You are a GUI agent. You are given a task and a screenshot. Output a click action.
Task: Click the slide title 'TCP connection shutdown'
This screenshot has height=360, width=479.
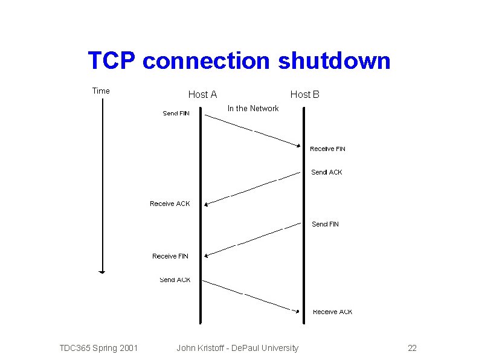tap(239, 61)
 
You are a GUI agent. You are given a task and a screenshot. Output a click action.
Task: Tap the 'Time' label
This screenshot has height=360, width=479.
tap(101, 91)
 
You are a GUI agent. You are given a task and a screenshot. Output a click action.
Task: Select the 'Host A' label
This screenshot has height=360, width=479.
tap(202, 94)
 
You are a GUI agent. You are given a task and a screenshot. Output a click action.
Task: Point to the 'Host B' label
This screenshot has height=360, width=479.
tap(305, 94)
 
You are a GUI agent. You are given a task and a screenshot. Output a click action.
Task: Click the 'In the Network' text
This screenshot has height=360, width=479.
tap(253, 109)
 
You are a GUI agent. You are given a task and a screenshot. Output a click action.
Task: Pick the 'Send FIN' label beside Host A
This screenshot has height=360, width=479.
tap(176, 114)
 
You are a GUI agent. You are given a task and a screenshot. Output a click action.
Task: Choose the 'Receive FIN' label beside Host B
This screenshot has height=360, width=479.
tap(328, 149)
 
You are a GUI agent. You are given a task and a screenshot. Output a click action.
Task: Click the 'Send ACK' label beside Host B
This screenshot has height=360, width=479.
tap(327, 172)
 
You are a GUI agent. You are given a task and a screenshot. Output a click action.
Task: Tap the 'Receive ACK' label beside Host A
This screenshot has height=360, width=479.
tap(170, 204)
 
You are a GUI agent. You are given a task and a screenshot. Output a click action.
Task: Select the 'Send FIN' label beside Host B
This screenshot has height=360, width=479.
tap(326, 224)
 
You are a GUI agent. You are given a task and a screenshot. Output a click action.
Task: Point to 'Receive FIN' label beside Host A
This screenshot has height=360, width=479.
tap(170, 256)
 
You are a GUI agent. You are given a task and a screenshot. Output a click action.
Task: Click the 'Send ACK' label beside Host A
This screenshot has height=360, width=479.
tap(175, 280)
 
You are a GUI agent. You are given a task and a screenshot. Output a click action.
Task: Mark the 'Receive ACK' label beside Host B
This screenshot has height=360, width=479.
tap(333, 312)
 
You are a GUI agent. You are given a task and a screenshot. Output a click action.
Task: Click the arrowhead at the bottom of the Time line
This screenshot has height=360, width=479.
tap(102, 272)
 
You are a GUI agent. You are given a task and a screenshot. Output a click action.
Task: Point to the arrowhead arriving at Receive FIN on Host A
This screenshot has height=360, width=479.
tap(207, 256)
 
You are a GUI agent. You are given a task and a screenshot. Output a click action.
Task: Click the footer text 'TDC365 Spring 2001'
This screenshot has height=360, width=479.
tap(98, 348)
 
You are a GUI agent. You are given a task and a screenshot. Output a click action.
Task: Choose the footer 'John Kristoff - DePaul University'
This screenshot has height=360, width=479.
tap(237, 348)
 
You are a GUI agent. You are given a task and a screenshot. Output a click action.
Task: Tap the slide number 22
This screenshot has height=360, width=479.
tap(413, 348)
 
